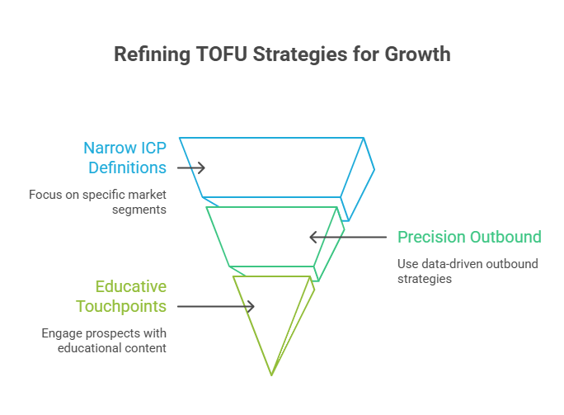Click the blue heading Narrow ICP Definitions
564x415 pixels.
[125, 158]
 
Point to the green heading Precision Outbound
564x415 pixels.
[470, 238]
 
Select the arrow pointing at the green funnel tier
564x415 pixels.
[347, 238]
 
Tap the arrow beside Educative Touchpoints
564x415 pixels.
[216, 307]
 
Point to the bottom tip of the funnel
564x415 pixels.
[271, 375]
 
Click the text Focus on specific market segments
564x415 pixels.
[97, 202]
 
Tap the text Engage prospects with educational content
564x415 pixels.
[104, 341]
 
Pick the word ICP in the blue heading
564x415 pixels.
[148, 149]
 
